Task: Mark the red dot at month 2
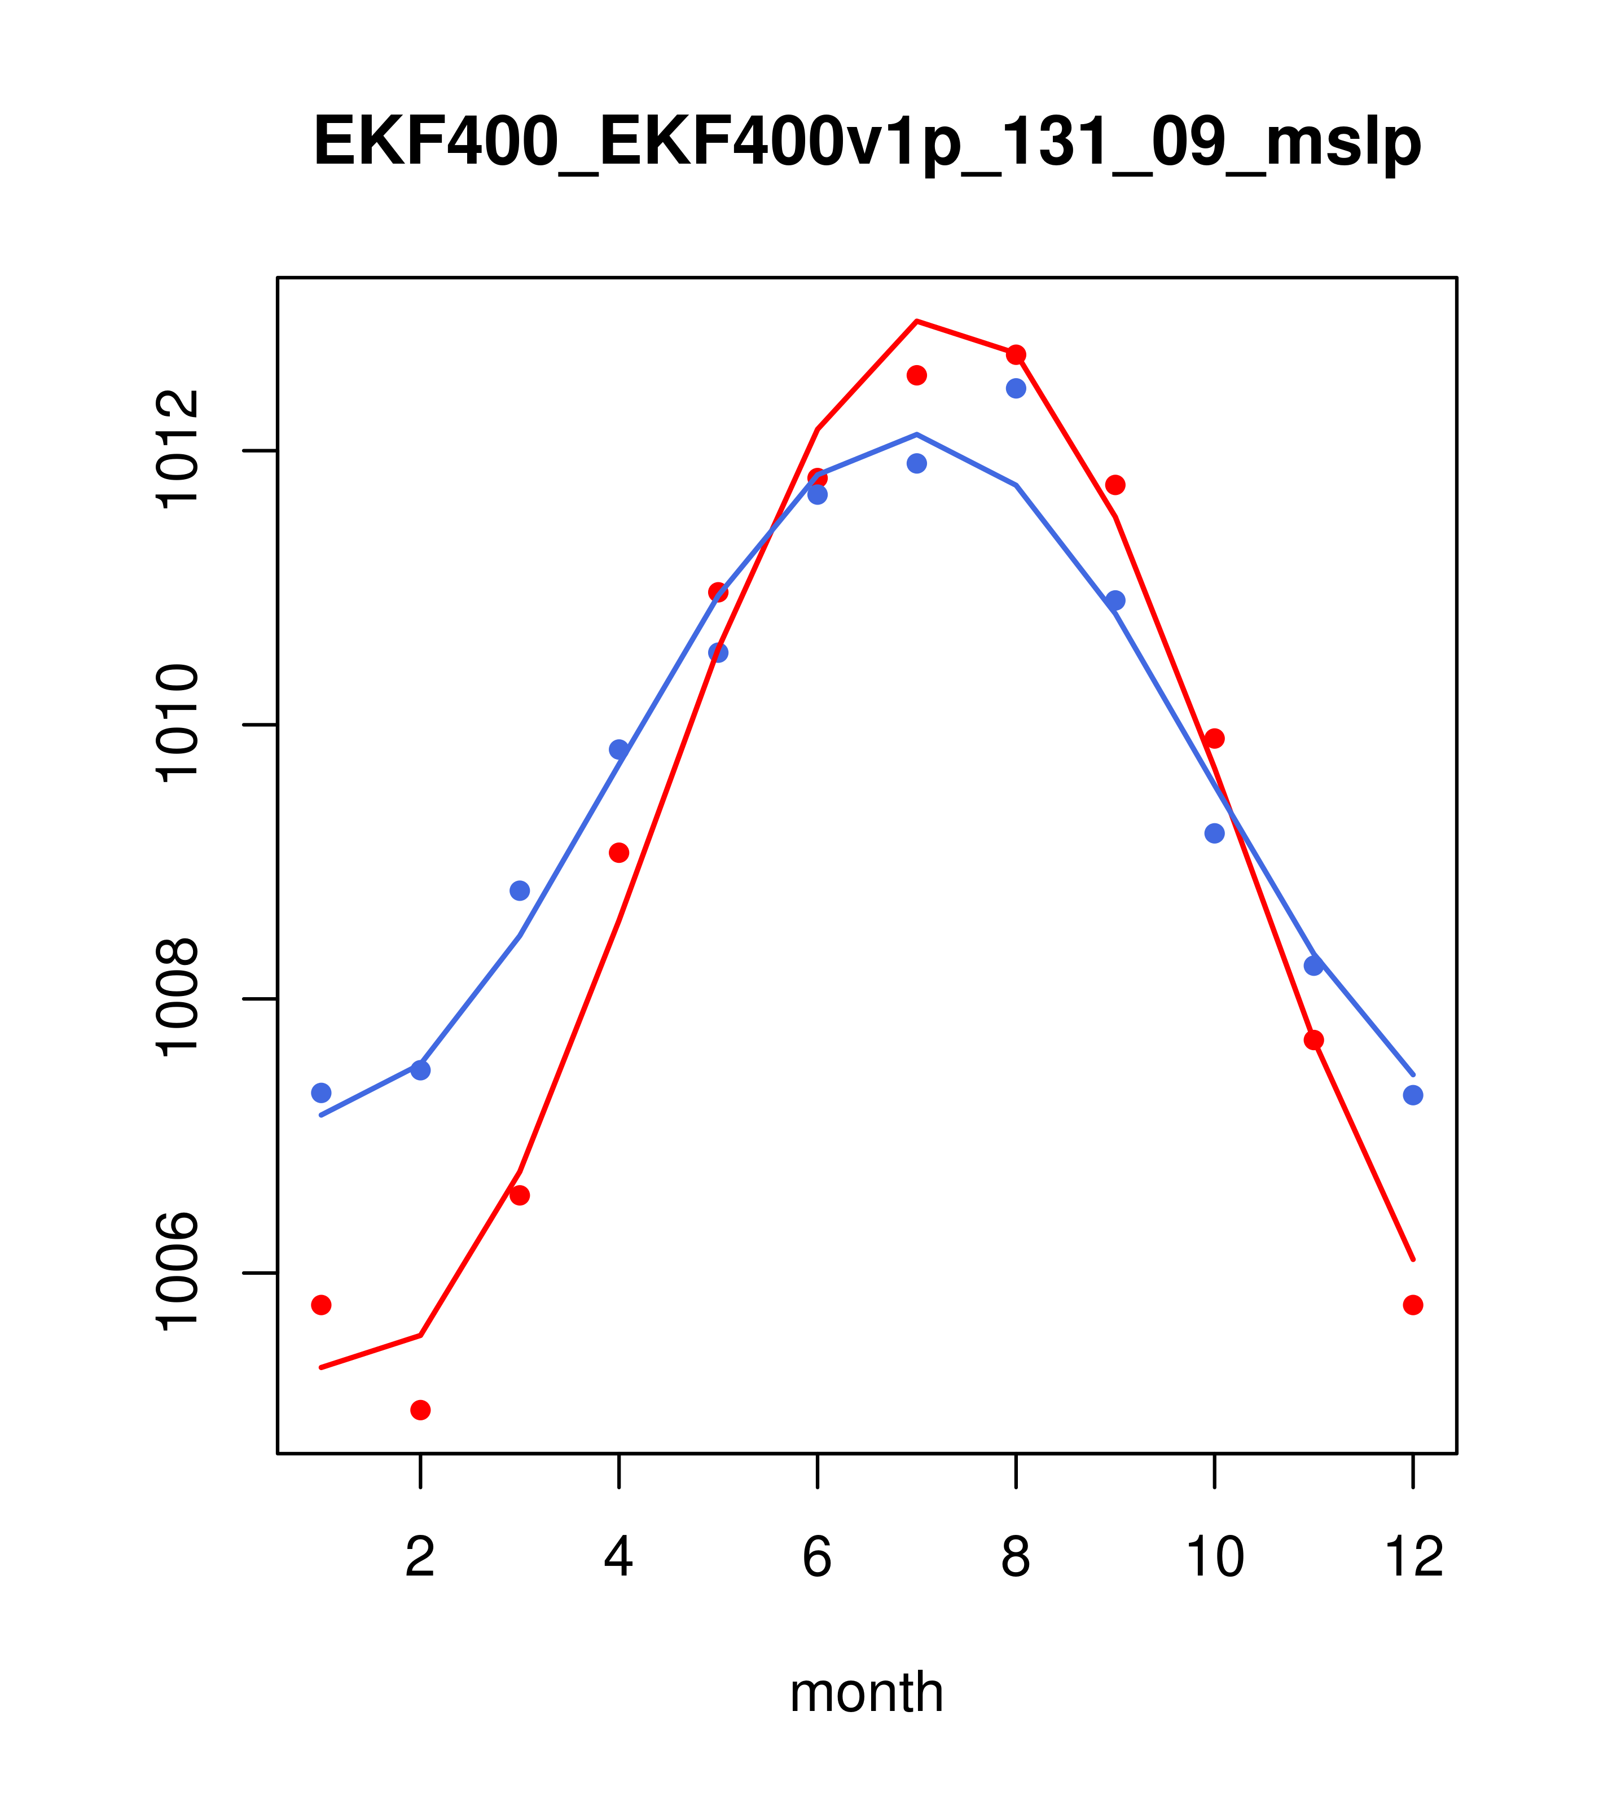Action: click(421, 1410)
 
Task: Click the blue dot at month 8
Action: click(1016, 388)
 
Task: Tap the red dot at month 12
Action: click(1413, 1304)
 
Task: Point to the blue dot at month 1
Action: click(321, 1092)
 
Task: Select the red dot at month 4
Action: click(620, 852)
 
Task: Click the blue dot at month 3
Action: click(520, 890)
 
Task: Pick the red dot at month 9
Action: click(1116, 485)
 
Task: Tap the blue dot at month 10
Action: click(1214, 832)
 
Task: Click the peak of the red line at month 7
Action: click(917, 321)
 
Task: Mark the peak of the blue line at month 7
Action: click(917, 435)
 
